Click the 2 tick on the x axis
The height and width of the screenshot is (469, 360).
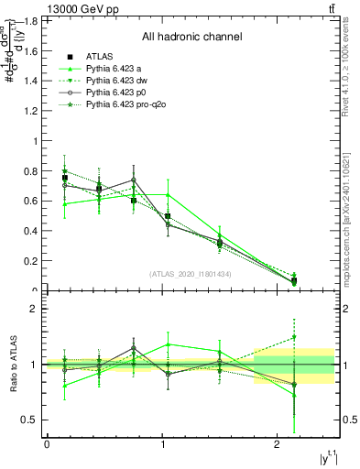click(x=278, y=444)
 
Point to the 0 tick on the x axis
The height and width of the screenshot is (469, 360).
click(x=47, y=444)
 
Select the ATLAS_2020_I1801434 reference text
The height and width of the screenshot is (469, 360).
click(x=191, y=274)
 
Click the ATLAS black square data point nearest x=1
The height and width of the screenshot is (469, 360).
click(x=168, y=216)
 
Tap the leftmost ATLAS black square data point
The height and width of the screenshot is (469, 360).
click(x=64, y=178)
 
